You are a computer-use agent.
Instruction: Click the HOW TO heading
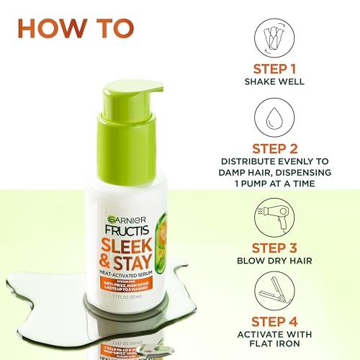[x=76, y=30]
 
